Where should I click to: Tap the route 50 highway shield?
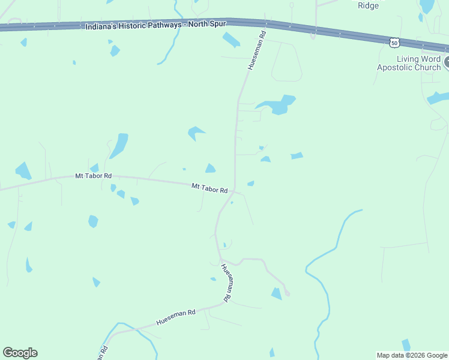point(394,42)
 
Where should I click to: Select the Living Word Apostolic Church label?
point(409,63)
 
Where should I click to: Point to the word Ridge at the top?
point(369,5)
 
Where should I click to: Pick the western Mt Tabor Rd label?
point(93,176)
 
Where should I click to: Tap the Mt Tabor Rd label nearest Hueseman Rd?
point(209,188)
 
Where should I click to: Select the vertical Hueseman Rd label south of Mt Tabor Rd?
point(226,282)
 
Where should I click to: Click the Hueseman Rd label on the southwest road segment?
point(176,317)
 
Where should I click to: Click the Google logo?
point(20,353)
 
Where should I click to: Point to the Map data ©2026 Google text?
point(412,355)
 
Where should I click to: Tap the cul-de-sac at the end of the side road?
point(287,293)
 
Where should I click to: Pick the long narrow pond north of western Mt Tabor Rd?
point(119,145)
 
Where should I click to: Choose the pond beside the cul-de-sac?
point(276,293)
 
